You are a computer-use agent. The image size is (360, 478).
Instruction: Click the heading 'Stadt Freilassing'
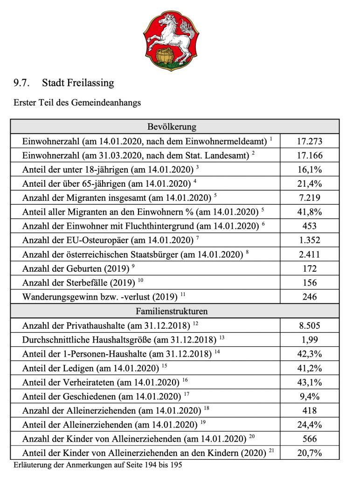point(78,83)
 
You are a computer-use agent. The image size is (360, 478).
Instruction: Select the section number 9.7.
point(22,83)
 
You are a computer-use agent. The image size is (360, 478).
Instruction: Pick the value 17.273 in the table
point(310,141)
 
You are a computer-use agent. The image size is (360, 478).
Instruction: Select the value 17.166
point(310,155)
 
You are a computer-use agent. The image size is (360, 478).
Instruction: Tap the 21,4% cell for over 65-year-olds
point(310,183)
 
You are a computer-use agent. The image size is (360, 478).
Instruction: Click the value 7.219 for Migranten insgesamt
point(310,197)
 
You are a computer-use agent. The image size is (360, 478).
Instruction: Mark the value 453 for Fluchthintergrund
point(310,226)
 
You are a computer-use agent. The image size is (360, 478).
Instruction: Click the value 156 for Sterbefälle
point(310,282)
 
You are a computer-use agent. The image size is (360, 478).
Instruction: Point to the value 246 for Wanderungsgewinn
point(310,297)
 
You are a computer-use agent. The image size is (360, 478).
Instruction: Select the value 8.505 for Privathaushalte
point(310,325)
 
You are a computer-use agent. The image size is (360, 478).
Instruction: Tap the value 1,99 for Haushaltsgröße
point(310,339)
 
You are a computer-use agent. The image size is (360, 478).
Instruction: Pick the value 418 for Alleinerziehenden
point(310,410)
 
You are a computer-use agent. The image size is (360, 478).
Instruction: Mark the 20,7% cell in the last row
point(310,453)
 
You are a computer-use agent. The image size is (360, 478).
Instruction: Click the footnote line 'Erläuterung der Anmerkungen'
point(97,465)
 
